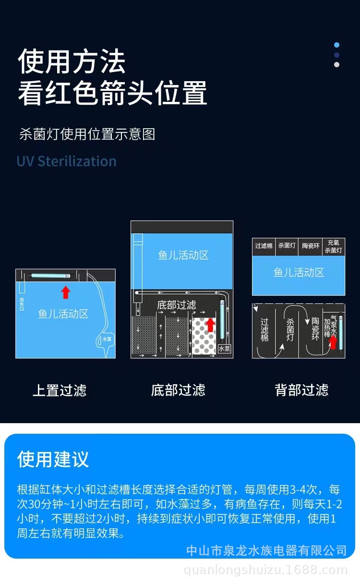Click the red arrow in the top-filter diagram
(x=66, y=292)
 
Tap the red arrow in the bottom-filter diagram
(x=210, y=324)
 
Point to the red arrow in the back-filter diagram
(x=332, y=342)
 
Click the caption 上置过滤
(x=60, y=390)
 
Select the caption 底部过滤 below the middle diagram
(x=178, y=390)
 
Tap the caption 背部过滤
(x=301, y=390)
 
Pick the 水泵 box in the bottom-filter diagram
(x=224, y=349)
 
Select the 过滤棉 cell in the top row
(x=264, y=246)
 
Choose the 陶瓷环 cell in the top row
(x=311, y=246)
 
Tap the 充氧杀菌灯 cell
(x=334, y=246)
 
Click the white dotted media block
(x=204, y=336)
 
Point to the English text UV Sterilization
(x=66, y=161)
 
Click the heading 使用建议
(x=53, y=459)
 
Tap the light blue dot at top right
(x=337, y=45)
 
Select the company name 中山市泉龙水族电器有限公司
(x=266, y=550)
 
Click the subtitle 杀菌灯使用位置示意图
(x=87, y=134)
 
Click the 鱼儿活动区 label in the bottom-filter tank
(x=183, y=255)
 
